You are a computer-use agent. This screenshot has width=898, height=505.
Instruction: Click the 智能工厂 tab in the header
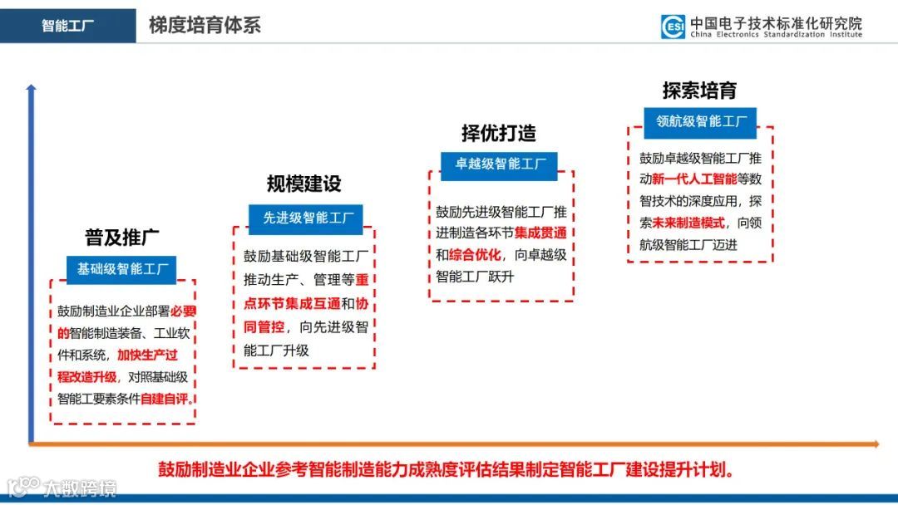point(67,26)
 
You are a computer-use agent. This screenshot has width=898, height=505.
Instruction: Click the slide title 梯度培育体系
point(205,25)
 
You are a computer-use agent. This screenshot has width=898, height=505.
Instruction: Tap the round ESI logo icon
point(673,27)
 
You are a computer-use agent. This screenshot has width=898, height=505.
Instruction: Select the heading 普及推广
point(122,238)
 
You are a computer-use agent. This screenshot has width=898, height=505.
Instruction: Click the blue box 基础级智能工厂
point(123,268)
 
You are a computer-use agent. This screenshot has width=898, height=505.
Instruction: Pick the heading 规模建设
point(303,184)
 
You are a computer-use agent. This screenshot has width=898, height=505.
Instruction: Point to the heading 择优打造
point(499,133)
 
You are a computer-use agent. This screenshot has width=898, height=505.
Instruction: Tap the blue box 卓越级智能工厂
point(499,164)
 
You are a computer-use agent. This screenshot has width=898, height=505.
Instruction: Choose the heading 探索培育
point(699,90)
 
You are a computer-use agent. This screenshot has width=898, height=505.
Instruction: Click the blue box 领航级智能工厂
point(701,121)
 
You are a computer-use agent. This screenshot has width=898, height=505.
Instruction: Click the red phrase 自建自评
point(166,399)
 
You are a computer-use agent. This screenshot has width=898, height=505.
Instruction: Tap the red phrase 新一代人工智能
point(694,179)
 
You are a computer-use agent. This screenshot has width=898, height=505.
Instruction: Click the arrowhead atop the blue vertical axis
point(32,87)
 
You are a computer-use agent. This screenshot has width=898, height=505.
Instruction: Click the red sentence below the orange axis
point(447,469)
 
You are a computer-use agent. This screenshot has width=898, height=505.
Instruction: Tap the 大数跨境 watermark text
point(80,488)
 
